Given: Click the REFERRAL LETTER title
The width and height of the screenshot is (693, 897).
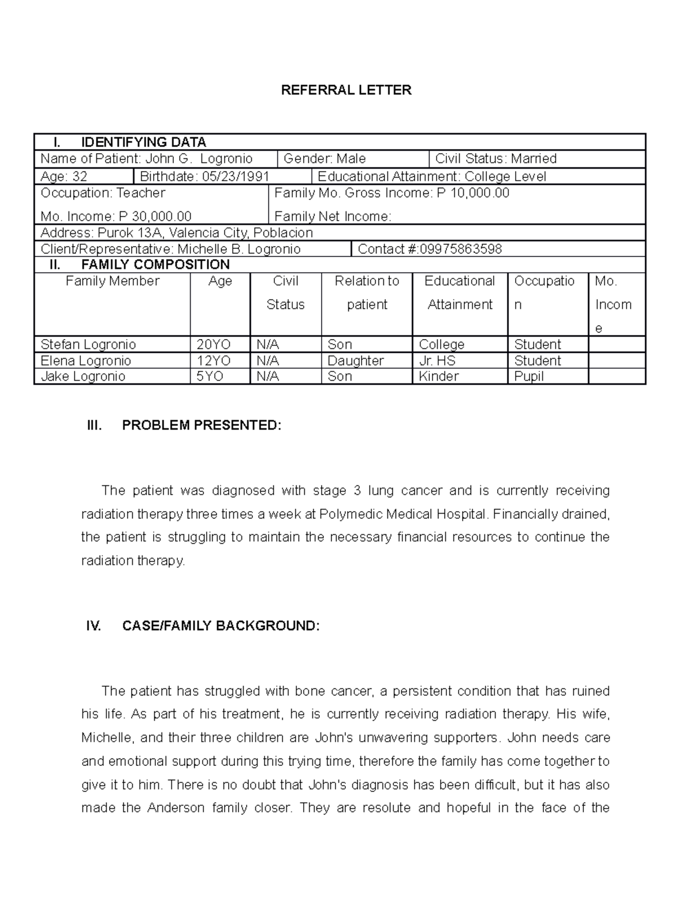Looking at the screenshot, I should click(346, 90).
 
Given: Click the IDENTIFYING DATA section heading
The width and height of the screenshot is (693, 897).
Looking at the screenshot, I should click(143, 142).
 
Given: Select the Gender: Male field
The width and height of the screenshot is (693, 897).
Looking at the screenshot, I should click(325, 159).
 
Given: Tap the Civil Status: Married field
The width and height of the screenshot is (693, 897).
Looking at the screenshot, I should click(495, 159).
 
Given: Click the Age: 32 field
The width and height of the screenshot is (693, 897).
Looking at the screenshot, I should click(64, 177).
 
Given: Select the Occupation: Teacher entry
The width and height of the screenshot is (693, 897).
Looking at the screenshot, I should click(103, 193).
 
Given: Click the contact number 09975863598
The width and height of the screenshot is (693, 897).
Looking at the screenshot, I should click(430, 250).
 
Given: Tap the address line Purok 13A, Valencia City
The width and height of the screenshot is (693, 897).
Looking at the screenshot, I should click(176, 233).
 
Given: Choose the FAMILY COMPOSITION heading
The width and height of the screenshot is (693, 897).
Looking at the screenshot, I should click(155, 265).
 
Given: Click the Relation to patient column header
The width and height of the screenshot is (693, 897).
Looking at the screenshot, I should click(367, 293).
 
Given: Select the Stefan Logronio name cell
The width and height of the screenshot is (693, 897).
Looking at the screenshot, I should click(88, 345).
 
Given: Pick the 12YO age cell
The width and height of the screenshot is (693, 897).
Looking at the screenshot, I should click(213, 361).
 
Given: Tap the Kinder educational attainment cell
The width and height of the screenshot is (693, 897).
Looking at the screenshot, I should click(439, 377).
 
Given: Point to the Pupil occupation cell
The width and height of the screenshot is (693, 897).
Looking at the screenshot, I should click(529, 377).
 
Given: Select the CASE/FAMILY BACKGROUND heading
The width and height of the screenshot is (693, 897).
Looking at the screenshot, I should click(221, 626).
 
